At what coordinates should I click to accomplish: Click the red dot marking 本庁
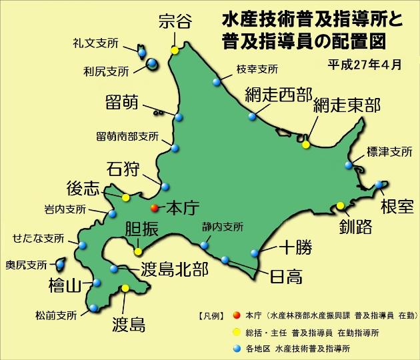click(155, 208)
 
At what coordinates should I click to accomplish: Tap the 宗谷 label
click(175, 21)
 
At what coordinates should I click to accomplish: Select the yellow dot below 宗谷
click(175, 50)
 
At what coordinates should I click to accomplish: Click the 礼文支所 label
click(95, 43)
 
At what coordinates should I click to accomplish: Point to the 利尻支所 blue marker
click(152, 64)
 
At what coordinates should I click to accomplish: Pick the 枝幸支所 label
click(257, 69)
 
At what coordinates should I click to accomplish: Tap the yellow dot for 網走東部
click(306, 144)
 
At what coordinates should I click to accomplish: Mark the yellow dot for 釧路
click(340, 205)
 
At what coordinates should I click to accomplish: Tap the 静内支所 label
click(223, 226)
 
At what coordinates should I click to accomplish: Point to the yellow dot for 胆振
click(139, 251)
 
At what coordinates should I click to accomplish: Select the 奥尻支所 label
click(27, 263)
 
